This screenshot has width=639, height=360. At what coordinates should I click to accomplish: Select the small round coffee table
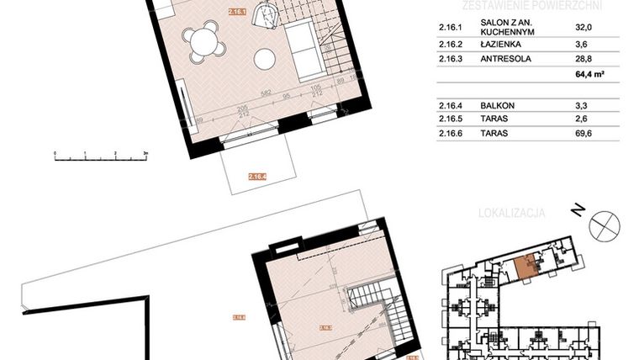tap(266, 59)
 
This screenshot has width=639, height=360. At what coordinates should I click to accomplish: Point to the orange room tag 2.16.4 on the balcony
tap(257, 177)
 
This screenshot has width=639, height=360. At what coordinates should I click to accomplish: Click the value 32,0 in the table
tap(574, 27)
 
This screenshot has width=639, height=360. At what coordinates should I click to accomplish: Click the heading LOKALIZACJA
tap(511, 214)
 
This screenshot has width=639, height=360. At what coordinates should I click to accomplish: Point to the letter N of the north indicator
tap(578, 210)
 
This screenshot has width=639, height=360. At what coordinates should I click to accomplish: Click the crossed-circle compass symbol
tap(605, 226)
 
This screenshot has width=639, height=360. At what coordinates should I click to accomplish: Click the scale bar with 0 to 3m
tap(99, 156)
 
